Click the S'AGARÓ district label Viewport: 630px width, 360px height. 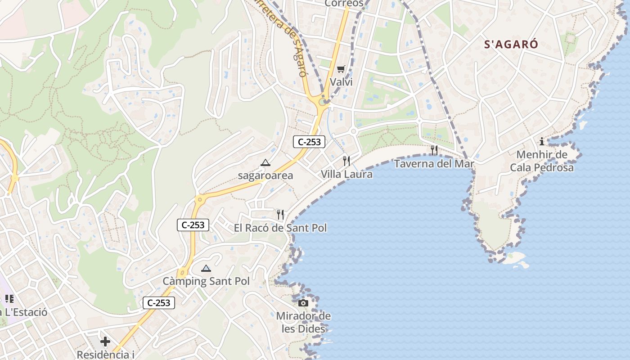[x=511, y=44]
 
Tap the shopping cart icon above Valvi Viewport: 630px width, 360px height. [x=341, y=69]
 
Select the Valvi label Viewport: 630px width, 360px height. [x=341, y=82]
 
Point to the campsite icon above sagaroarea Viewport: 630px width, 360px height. [x=265, y=162]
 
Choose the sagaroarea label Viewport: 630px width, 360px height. [x=265, y=175]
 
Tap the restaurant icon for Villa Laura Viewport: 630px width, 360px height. [x=346, y=160]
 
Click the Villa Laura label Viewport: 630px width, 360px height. [x=346, y=174]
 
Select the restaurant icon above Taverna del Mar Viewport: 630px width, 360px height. [x=434, y=150]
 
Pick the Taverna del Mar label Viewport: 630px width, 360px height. [x=434, y=163]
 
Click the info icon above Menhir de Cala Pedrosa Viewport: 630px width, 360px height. [x=542, y=142]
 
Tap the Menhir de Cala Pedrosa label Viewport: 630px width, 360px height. [x=542, y=161]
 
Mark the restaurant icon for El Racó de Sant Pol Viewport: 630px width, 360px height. [x=280, y=215]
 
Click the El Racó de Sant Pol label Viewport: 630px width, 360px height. [x=280, y=228]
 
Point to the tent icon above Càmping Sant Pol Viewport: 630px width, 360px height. [x=206, y=269]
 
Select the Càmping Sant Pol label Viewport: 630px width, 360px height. [x=206, y=281]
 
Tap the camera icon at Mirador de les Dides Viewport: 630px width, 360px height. [x=303, y=303]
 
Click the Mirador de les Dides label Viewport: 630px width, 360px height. [x=303, y=322]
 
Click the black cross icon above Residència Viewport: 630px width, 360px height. [x=105, y=342]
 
